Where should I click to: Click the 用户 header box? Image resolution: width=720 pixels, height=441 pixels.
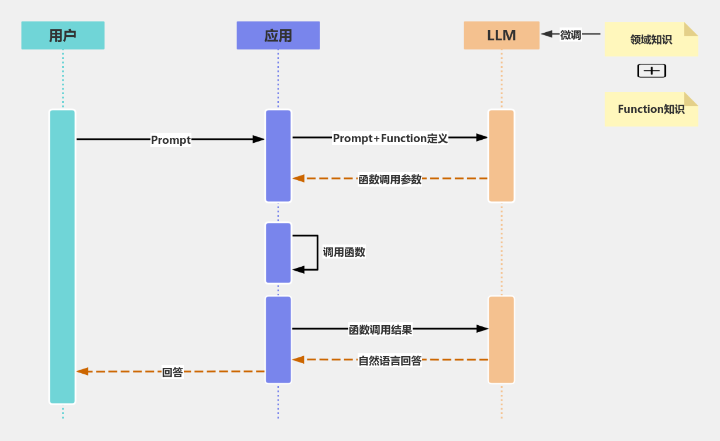click(x=63, y=36)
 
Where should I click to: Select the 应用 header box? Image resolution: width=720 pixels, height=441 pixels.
click(x=278, y=36)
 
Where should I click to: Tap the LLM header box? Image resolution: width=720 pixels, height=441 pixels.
click(x=501, y=36)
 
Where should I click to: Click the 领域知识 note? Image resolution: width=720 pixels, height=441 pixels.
click(x=650, y=40)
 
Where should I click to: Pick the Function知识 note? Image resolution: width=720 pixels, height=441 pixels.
click(x=650, y=109)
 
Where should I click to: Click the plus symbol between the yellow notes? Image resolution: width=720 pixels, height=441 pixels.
click(x=652, y=71)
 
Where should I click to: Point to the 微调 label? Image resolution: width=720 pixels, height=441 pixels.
click(x=570, y=35)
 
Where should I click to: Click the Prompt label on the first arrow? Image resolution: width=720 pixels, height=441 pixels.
click(x=170, y=140)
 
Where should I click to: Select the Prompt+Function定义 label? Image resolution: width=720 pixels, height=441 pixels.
click(x=390, y=138)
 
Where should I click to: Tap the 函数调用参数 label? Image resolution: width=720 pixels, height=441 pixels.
click(x=390, y=180)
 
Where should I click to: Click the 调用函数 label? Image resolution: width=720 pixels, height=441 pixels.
click(x=344, y=252)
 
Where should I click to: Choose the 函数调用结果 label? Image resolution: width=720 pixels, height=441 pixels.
click(x=380, y=329)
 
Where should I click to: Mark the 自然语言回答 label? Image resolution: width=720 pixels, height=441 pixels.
click(x=390, y=361)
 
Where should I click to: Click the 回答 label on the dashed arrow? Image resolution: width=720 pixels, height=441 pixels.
click(x=172, y=372)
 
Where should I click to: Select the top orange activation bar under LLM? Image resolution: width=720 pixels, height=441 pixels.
click(x=501, y=156)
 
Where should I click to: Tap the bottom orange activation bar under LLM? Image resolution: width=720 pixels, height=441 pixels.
click(x=501, y=340)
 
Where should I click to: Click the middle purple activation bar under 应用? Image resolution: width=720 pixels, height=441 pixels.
click(x=278, y=253)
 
